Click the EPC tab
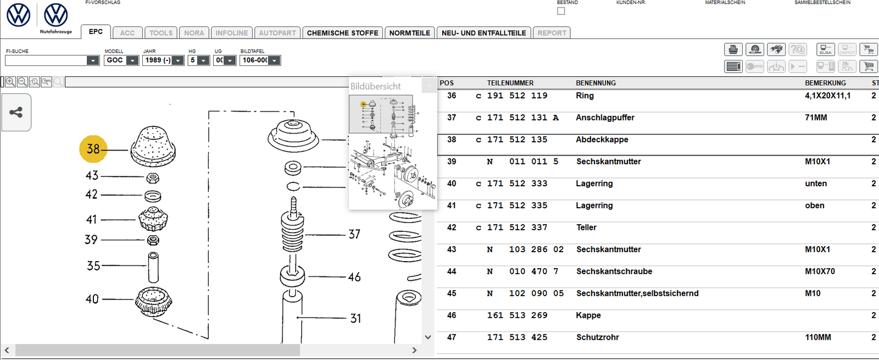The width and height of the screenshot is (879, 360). pyautogui.click(x=96, y=32)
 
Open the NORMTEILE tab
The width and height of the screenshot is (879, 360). pyautogui.click(x=409, y=33)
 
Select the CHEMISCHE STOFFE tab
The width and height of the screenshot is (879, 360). pyautogui.click(x=342, y=33)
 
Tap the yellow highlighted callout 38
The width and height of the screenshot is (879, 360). pyautogui.click(x=93, y=149)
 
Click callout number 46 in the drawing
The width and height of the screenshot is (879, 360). pyautogui.click(x=354, y=277)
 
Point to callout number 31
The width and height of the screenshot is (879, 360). pyautogui.click(x=355, y=318)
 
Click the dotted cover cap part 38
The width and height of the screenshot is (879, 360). pyautogui.click(x=153, y=146)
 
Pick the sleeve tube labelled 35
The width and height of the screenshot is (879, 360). pyautogui.click(x=153, y=267)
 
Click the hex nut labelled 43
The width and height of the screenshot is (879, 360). pyautogui.click(x=153, y=178)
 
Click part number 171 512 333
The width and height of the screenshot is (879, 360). pyautogui.click(x=517, y=184)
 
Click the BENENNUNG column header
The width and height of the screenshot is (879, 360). pyautogui.click(x=596, y=83)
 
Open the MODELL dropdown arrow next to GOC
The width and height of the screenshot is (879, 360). pyautogui.click(x=132, y=60)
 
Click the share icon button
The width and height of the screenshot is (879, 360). pyautogui.click(x=16, y=113)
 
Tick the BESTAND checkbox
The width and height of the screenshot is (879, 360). pyautogui.click(x=561, y=11)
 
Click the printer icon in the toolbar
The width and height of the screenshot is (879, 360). pyautogui.click(x=733, y=49)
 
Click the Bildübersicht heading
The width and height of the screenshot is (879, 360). pyautogui.click(x=376, y=86)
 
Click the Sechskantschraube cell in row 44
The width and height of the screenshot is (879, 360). pyautogui.click(x=614, y=272)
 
